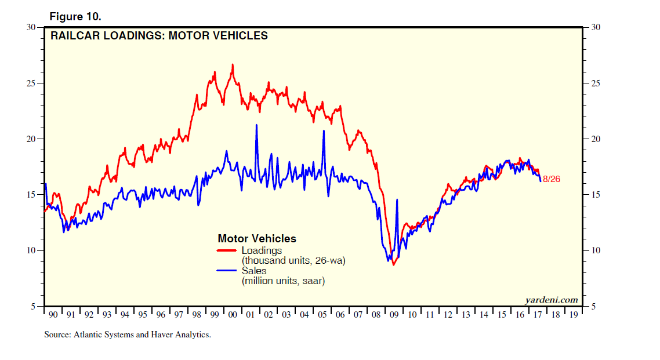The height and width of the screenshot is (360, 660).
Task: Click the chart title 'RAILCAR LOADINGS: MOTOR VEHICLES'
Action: pos(159,36)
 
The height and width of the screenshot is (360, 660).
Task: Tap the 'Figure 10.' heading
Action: pos(74,16)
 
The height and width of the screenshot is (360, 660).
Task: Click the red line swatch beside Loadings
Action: pos(227,251)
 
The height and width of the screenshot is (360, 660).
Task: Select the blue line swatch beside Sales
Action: pos(227,271)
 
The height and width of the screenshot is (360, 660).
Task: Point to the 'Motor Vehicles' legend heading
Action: pos(256,239)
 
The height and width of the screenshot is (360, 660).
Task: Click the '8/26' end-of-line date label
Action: pos(552,179)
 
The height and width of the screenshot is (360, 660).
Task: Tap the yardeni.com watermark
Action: pos(551,300)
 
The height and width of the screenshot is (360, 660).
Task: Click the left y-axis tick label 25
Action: pos(33,83)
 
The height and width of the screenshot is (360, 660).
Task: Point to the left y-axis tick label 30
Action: pos(33,27)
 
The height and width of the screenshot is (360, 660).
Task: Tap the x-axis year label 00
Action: pos(232,315)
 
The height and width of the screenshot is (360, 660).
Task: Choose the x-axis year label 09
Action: pos(394,315)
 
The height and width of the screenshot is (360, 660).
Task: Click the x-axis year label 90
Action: pos(53,315)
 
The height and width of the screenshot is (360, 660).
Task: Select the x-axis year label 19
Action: pos(573,315)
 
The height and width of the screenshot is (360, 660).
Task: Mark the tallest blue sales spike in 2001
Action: pos(256,125)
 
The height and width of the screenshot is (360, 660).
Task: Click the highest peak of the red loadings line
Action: pos(233,65)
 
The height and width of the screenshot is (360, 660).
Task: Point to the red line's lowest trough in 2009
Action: pos(393,264)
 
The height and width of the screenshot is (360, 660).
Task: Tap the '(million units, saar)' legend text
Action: pos(282,281)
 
